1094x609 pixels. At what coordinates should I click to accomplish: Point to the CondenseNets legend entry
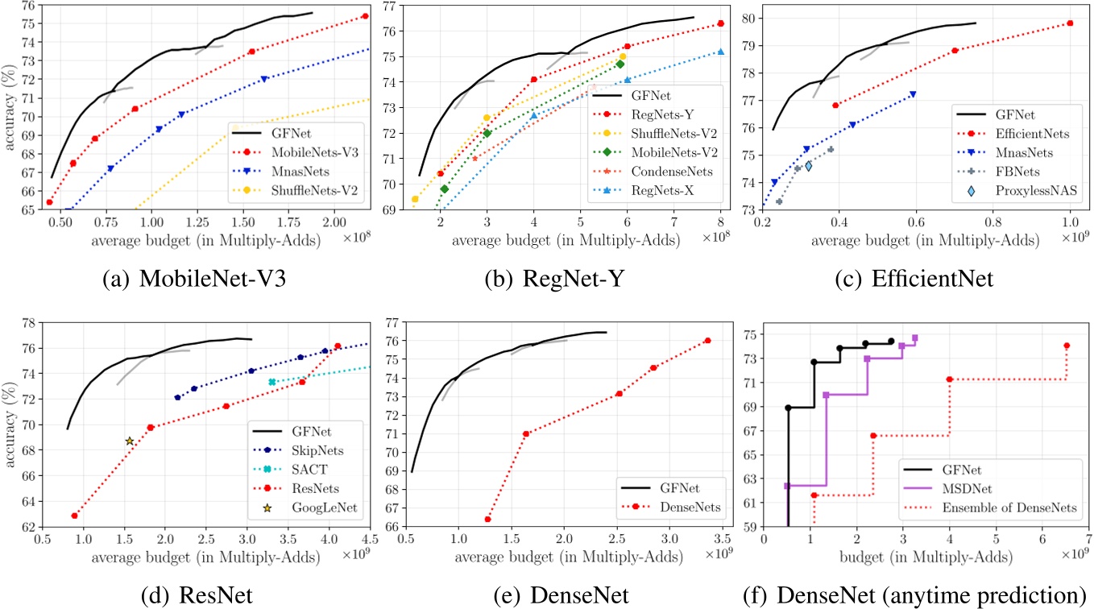pos(669,172)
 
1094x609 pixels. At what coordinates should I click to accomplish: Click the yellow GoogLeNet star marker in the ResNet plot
pos(129,441)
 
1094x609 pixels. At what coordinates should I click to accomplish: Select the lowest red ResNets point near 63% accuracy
pos(74,516)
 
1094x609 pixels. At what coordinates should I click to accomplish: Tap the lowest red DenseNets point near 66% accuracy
pos(487,519)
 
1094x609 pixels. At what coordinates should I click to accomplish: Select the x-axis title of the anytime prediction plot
pos(926,556)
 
